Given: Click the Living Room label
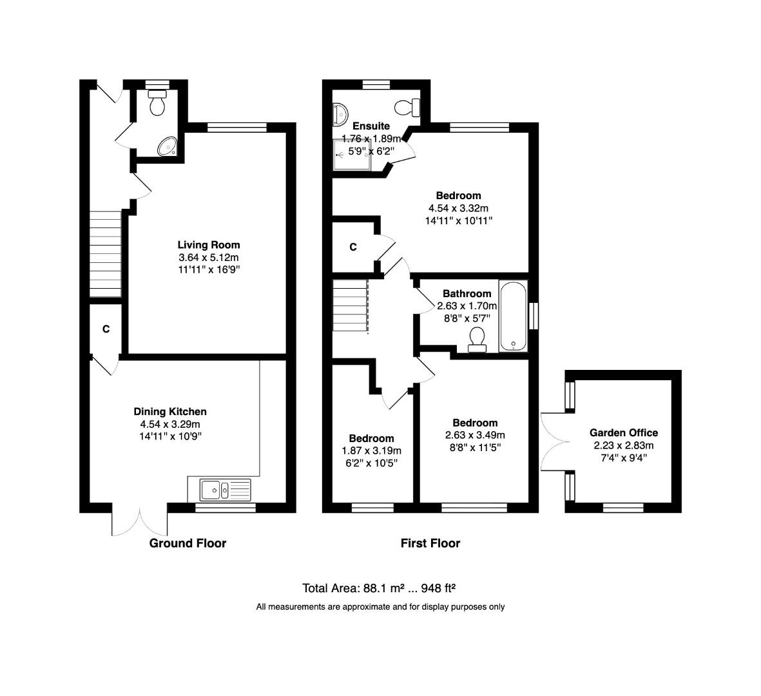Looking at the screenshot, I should [x=209, y=245].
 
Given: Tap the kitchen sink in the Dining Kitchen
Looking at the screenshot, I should [x=225, y=490].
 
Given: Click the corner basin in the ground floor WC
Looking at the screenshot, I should [x=168, y=147].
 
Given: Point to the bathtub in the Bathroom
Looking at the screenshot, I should [x=513, y=316].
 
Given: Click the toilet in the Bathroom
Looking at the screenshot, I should [x=477, y=339].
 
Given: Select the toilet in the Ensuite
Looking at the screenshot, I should [x=408, y=106].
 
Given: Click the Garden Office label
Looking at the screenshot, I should [x=624, y=433].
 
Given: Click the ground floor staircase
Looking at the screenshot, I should [x=105, y=254].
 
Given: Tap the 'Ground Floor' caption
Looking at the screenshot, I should [x=188, y=543].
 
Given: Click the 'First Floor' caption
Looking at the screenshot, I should [x=430, y=543].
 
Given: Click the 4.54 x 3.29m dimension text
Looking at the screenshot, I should [x=170, y=424].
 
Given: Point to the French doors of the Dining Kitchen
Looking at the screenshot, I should [x=140, y=521].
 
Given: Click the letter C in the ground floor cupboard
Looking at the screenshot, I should [x=106, y=329].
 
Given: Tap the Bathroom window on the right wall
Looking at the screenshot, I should [x=533, y=316].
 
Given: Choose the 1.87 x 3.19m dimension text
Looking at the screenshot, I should [x=371, y=450].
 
